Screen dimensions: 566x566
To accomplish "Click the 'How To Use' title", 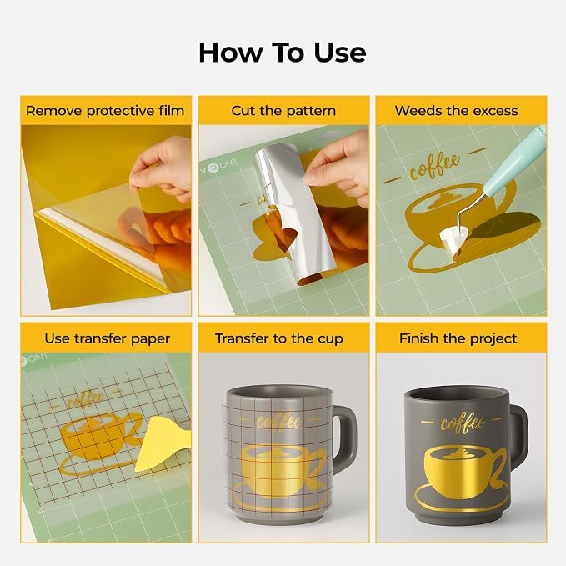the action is tap(283, 53).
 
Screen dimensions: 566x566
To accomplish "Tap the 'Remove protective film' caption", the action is tap(105, 111).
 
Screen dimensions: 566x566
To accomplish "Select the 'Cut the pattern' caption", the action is tap(283, 111).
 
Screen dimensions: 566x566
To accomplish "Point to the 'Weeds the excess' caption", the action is tap(456, 111).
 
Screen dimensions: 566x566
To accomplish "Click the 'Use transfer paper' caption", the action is tap(108, 338).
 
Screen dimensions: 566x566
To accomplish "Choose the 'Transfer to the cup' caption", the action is tap(279, 338).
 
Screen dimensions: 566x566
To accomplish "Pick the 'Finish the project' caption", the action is tap(458, 338).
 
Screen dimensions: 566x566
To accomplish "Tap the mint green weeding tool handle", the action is tap(517, 159).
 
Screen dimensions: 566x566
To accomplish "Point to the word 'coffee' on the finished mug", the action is tap(463, 423).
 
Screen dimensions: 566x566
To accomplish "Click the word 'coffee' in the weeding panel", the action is tap(434, 167).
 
